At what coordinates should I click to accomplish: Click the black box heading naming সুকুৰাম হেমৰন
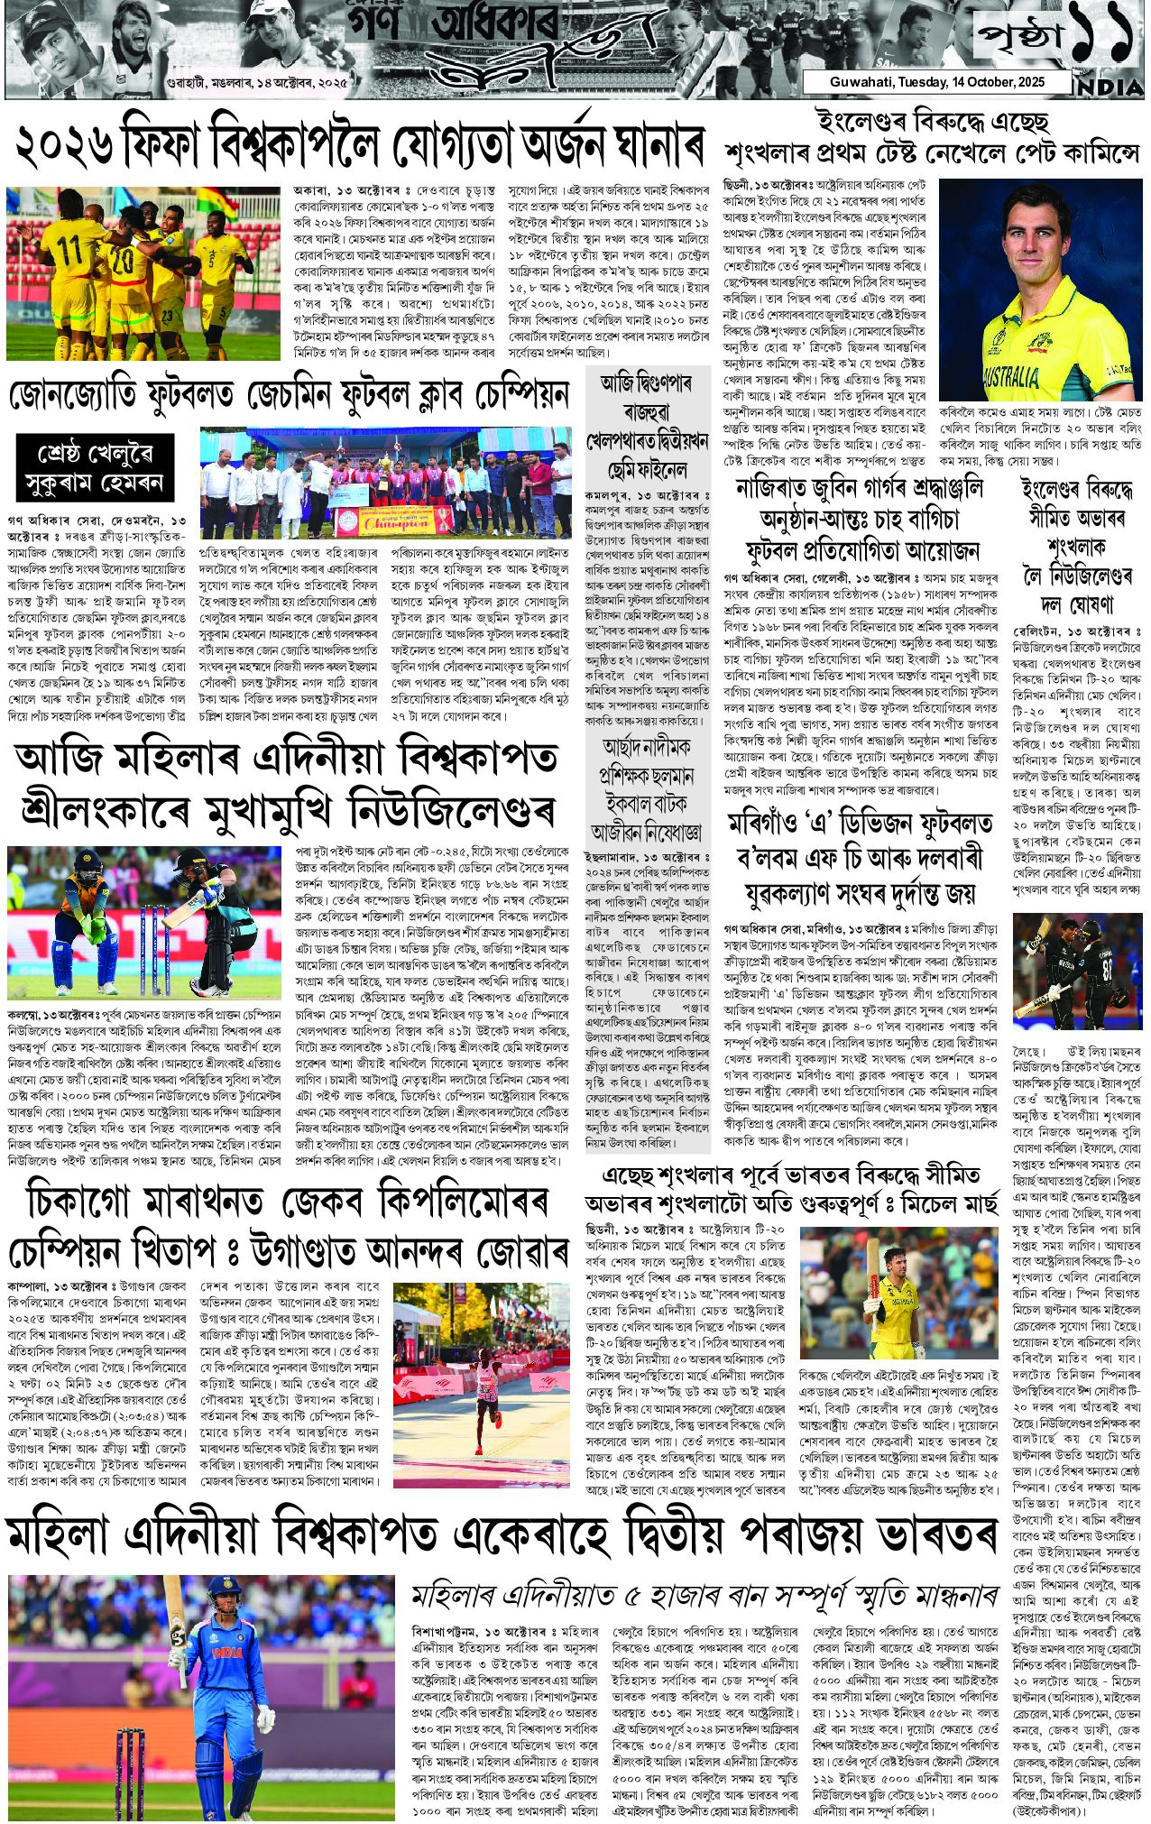coord(94,469)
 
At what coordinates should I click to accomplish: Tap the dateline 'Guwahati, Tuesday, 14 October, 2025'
coord(937,82)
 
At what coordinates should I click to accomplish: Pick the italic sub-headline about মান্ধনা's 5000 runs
coord(704,1597)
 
